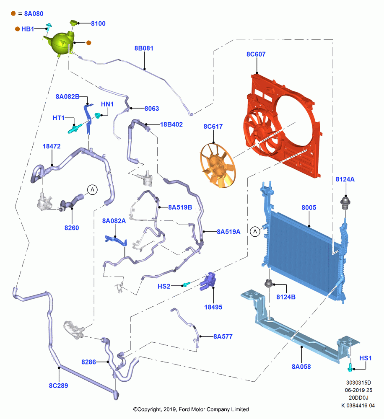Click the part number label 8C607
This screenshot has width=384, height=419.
256,54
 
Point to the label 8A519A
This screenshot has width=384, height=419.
228,232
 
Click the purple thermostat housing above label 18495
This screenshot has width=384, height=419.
208,281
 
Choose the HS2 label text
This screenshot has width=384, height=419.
164,287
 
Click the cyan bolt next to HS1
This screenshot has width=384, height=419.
350,367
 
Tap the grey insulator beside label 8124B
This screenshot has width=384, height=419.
268,283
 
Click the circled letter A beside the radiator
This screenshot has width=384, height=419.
255,231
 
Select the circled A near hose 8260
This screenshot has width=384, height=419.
92,190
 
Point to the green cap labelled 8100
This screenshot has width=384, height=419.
73,23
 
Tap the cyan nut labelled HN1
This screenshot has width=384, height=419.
98,116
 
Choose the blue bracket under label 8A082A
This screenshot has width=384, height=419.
116,240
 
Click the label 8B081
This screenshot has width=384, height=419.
144,48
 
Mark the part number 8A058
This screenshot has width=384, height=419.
301,367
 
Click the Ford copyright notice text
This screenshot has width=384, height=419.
191,409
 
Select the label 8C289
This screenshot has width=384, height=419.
58,385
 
